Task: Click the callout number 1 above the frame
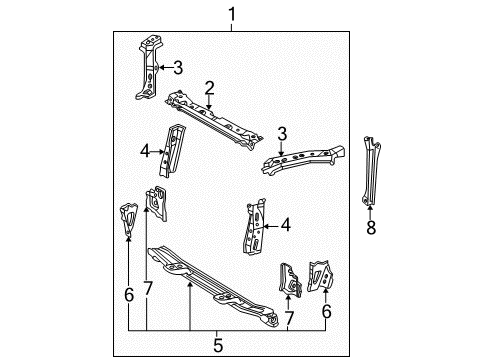click(232, 15)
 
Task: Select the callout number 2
click(209, 88)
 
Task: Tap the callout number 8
click(371, 228)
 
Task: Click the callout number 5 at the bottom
click(218, 345)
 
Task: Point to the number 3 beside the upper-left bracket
click(178, 68)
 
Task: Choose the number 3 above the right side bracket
click(282, 134)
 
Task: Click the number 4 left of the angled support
click(145, 151)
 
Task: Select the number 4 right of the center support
click(286, 225)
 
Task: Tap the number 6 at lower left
click(129, 295)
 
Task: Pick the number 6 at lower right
click(327, 312)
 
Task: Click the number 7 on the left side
click(148, 288)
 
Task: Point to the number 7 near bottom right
click(289, 319)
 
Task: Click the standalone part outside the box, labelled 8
click(371, 170)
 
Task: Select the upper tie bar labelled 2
click(213, 119)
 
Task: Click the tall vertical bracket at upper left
click(148, 67)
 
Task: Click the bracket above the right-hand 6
click(320, 276)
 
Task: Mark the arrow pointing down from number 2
click(209, 102)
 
